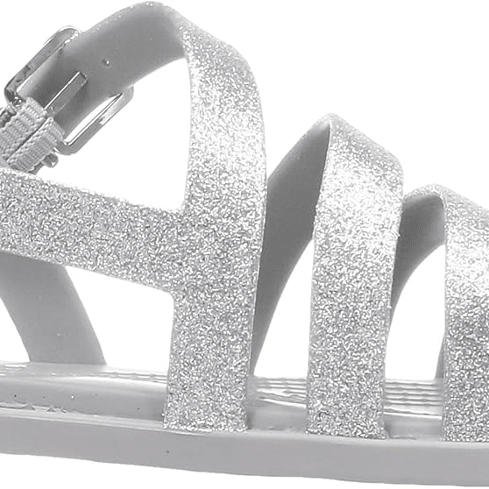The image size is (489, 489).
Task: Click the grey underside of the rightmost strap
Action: click(412, 254)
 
